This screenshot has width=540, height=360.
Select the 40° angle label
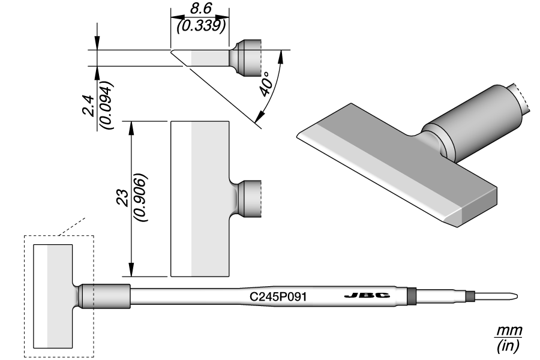268,85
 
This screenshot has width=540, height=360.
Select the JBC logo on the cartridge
368,296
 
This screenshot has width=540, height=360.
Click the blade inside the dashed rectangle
53,296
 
